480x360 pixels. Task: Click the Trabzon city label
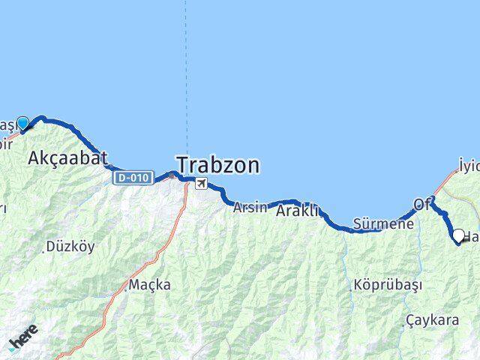(x=218, y=164)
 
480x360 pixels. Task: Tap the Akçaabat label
(x=67, y=157)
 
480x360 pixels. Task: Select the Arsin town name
(x=249, y=207)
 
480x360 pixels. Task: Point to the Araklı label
(x=298, y=211)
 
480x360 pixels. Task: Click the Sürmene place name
(x=383, y=224)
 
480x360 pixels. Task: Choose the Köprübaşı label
(x=388, y=285)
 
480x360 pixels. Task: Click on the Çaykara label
(x=432, y=320)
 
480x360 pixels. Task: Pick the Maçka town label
(x=149, y=285)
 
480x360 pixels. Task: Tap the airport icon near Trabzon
(x=200, y=183)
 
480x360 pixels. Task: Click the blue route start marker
(x=23, y=124)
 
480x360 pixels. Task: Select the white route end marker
(x=458, y=235)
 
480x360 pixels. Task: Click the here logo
(x=23, y=338)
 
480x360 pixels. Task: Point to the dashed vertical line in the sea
(x=187, y=75)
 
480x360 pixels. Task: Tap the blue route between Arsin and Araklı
(x=274, y=202)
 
